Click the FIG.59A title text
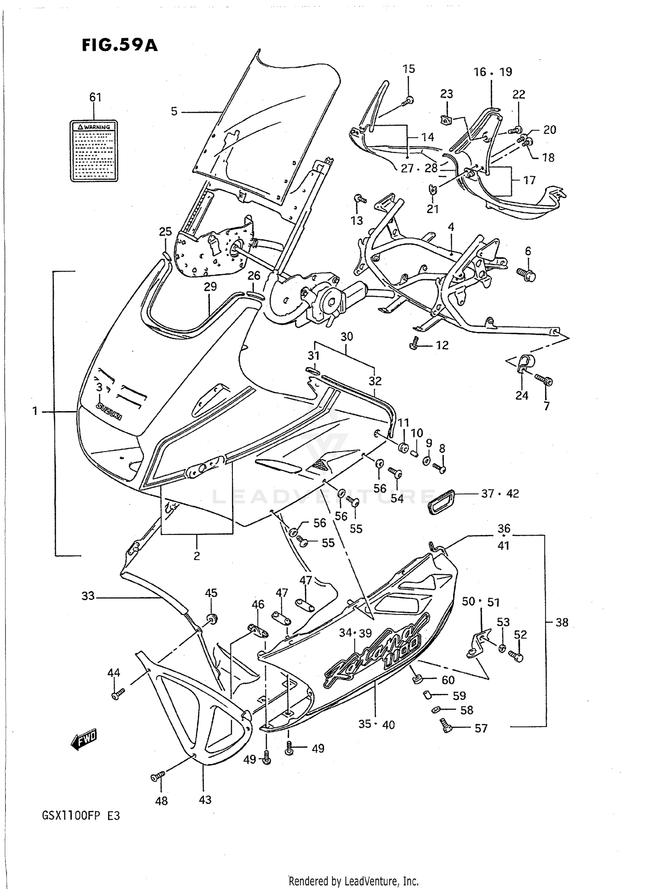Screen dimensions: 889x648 click(x=120, y=45)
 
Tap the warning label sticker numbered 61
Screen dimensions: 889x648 click(x=94, y=151)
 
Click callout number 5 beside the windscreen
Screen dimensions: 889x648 click(x=174, y=112)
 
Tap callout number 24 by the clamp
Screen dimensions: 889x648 click(x=521, y=395)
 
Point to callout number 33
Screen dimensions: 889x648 click(x=88, y=596)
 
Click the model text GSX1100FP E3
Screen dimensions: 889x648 click(x=80, y=828)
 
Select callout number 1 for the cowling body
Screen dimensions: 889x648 click(x=35, y=411)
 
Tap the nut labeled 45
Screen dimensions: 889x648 click(x=212, y=618)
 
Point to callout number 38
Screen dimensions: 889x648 click(x=561, y=622)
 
